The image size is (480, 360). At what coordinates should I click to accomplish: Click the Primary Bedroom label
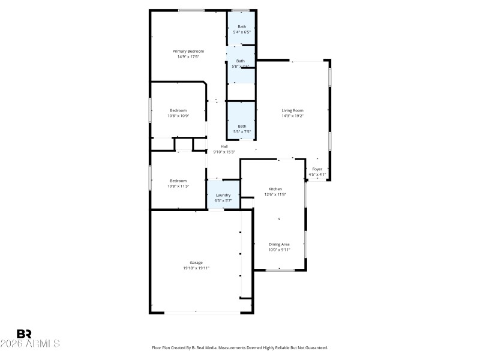pos(188,52)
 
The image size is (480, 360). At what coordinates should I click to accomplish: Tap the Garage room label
pos(196,263)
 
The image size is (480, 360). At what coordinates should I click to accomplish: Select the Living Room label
pos(293,110)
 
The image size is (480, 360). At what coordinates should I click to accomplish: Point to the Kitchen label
pos(275,189)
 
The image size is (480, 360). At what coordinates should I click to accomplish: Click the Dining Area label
pos(279,244)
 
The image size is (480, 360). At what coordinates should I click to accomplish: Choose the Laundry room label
pos(223,195)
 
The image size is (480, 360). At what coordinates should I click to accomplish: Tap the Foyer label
pos(317,169)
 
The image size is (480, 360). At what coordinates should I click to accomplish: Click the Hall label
pos(224,146)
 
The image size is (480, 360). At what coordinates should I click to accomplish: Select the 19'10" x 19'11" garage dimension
pos(196,268)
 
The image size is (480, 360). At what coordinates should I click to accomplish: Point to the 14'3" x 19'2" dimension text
pos(293,116)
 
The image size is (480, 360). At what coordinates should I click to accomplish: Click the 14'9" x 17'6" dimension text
pos(188,57)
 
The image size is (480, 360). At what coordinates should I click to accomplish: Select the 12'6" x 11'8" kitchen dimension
pos(275,194)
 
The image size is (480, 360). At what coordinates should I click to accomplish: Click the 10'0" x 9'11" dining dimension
pos(279,250)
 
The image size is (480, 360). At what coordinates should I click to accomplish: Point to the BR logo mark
pos(24,334)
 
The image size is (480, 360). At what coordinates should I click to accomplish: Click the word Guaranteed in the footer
pos(317,347)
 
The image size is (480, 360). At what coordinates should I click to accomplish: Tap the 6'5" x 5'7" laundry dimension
pos(223,200)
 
